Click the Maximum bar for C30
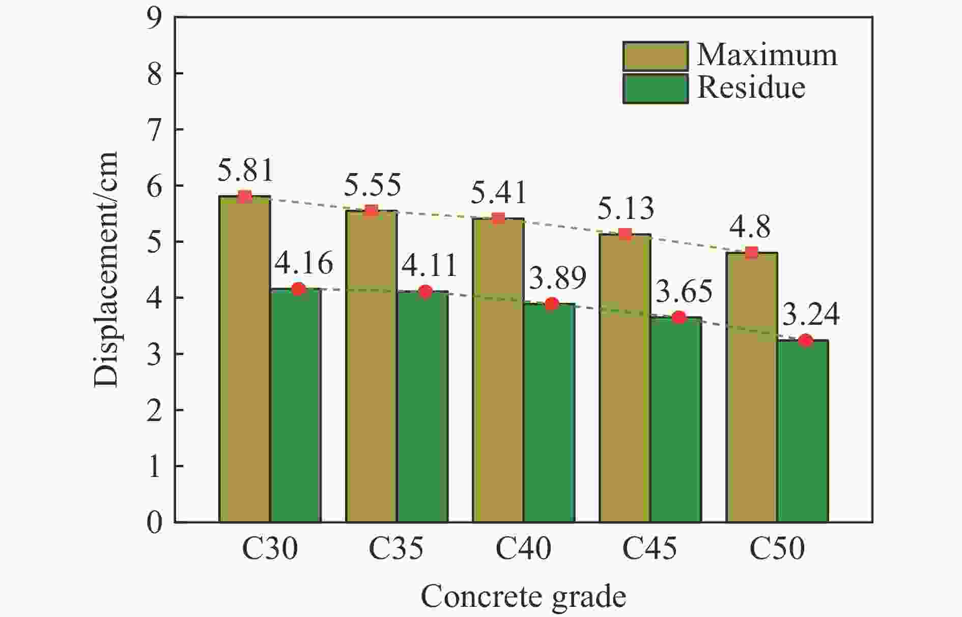[x=244, y=359]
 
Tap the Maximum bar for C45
[x=625, y=378]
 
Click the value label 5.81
[x=245, y=171]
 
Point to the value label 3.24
[x=810, y=315]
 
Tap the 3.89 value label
[x=558, y=278]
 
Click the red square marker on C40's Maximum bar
[x=498, y=218]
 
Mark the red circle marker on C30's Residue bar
[x=298, y=289]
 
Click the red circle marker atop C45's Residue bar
[x=678, y=318]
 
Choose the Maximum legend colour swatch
[x=655, y=56]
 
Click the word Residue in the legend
[x=751, y=88]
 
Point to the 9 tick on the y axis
[x=154, y=18]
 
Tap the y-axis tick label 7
[x=154, y=130]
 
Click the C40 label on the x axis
[x=523, y=549]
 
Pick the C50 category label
[x=777, y=549]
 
